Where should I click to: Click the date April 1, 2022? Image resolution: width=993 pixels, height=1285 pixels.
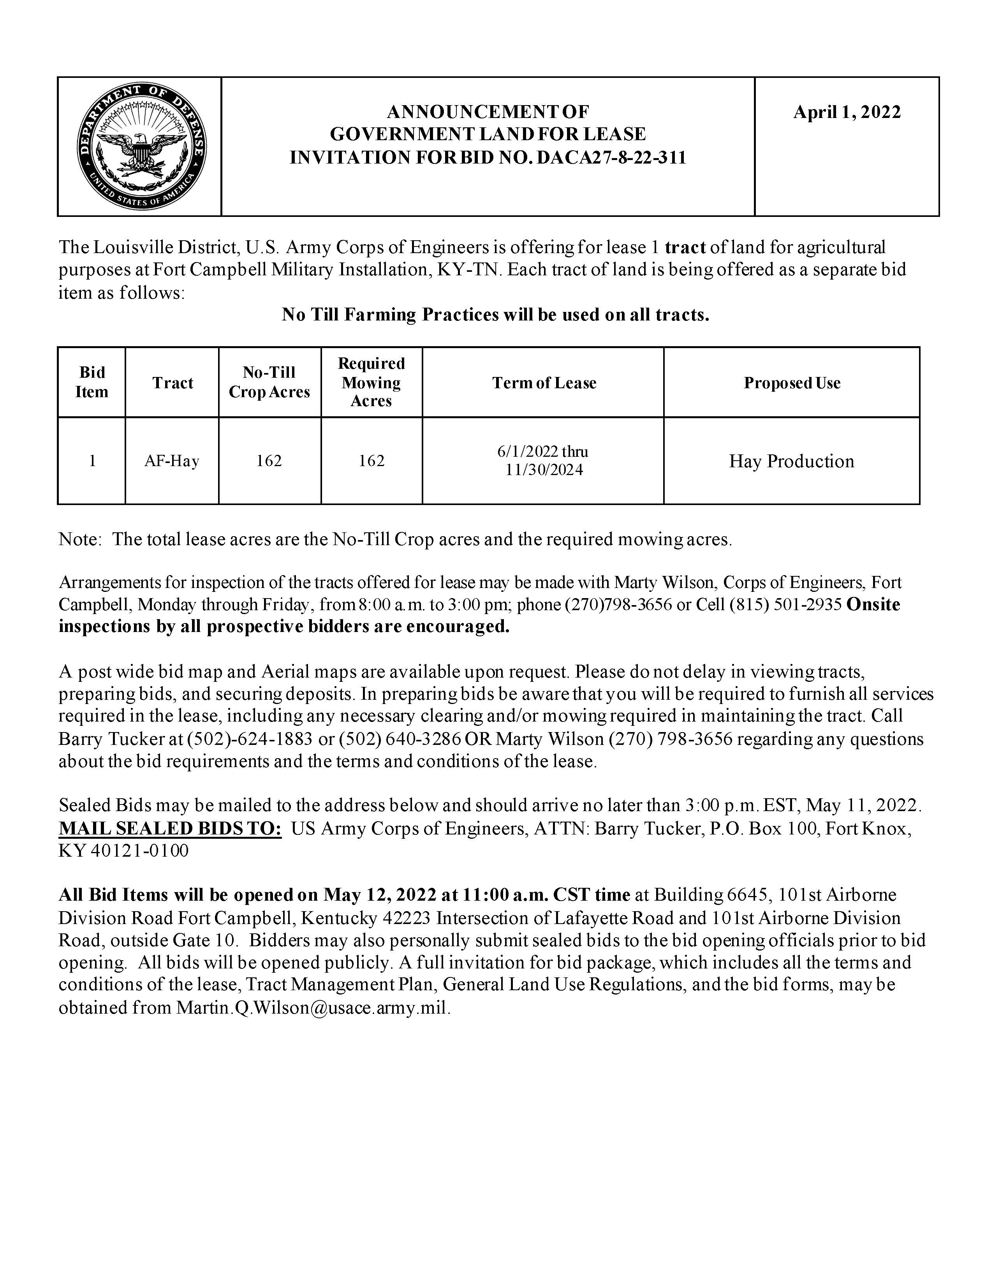tap(847, 112)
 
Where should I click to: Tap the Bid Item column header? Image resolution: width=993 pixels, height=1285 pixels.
tap(92, 382)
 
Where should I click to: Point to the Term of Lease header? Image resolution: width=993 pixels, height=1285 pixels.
tap(544, 383)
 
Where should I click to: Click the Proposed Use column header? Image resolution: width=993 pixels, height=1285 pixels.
tap(792, 383)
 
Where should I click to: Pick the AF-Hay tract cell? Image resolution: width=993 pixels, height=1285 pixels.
tap(172, 461)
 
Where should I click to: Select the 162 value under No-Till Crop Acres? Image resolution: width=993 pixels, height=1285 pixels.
tap(269, 461)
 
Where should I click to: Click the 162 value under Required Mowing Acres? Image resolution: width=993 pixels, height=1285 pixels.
tap(372, 461)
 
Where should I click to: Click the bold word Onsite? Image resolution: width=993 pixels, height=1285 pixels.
tap(873, 605)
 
